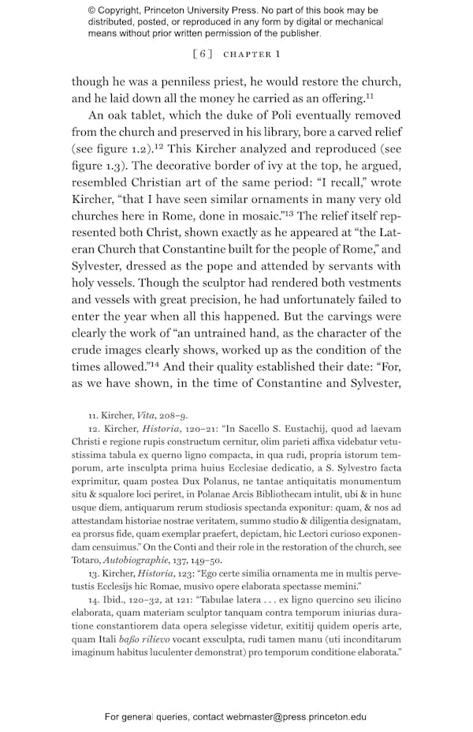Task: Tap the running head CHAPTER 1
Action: pyautogui.click(x=252, y=54)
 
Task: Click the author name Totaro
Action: pyautogui.click(x=89, y=559)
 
